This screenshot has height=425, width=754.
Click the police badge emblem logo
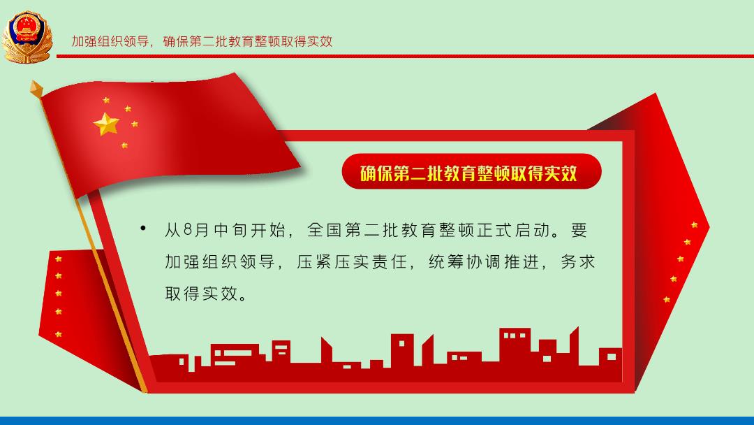tap(27, 37)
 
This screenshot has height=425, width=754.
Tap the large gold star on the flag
tap(106, 124)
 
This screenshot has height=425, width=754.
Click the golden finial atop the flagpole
tap(36, 89)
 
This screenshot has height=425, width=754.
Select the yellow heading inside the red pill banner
tap(468, 173)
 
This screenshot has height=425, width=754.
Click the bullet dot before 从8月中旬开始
tap(143, 228)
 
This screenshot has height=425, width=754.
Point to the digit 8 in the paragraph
tap(188, 230)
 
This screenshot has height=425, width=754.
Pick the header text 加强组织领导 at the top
tap(110, 41)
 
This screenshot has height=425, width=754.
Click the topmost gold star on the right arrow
tap(694, 225)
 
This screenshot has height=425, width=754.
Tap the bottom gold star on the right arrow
tap(667, 299)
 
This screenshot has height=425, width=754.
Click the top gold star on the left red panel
tap(59, 259)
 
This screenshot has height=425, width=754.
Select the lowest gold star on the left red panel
tap(59, 334)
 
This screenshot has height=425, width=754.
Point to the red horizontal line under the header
tap(405, 57)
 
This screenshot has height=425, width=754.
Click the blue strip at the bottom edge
tap(377, 421)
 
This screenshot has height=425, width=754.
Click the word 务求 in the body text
tap(578, 262)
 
